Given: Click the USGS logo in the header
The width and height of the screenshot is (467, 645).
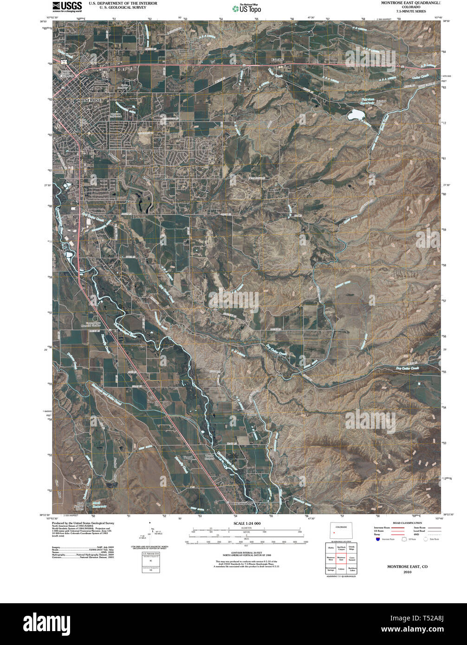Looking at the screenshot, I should [x=67, y=6].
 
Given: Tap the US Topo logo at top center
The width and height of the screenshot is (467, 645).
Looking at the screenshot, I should [x=246, y=8].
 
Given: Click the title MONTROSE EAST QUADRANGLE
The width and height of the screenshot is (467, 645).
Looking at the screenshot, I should [x=411, y=3].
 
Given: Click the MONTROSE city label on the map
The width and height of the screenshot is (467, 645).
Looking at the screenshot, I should [x=89, y=100].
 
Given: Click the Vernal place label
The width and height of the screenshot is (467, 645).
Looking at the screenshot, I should [x=188, y=457].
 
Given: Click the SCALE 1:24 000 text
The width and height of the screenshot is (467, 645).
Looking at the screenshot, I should [x=245, y=523].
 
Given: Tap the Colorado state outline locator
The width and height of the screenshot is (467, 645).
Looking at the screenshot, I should [x=341, y=530].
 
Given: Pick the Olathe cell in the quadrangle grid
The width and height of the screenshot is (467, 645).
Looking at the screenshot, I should [x=331, y=548].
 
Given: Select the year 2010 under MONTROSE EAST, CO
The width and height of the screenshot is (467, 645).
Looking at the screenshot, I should [x=407, y=572].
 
